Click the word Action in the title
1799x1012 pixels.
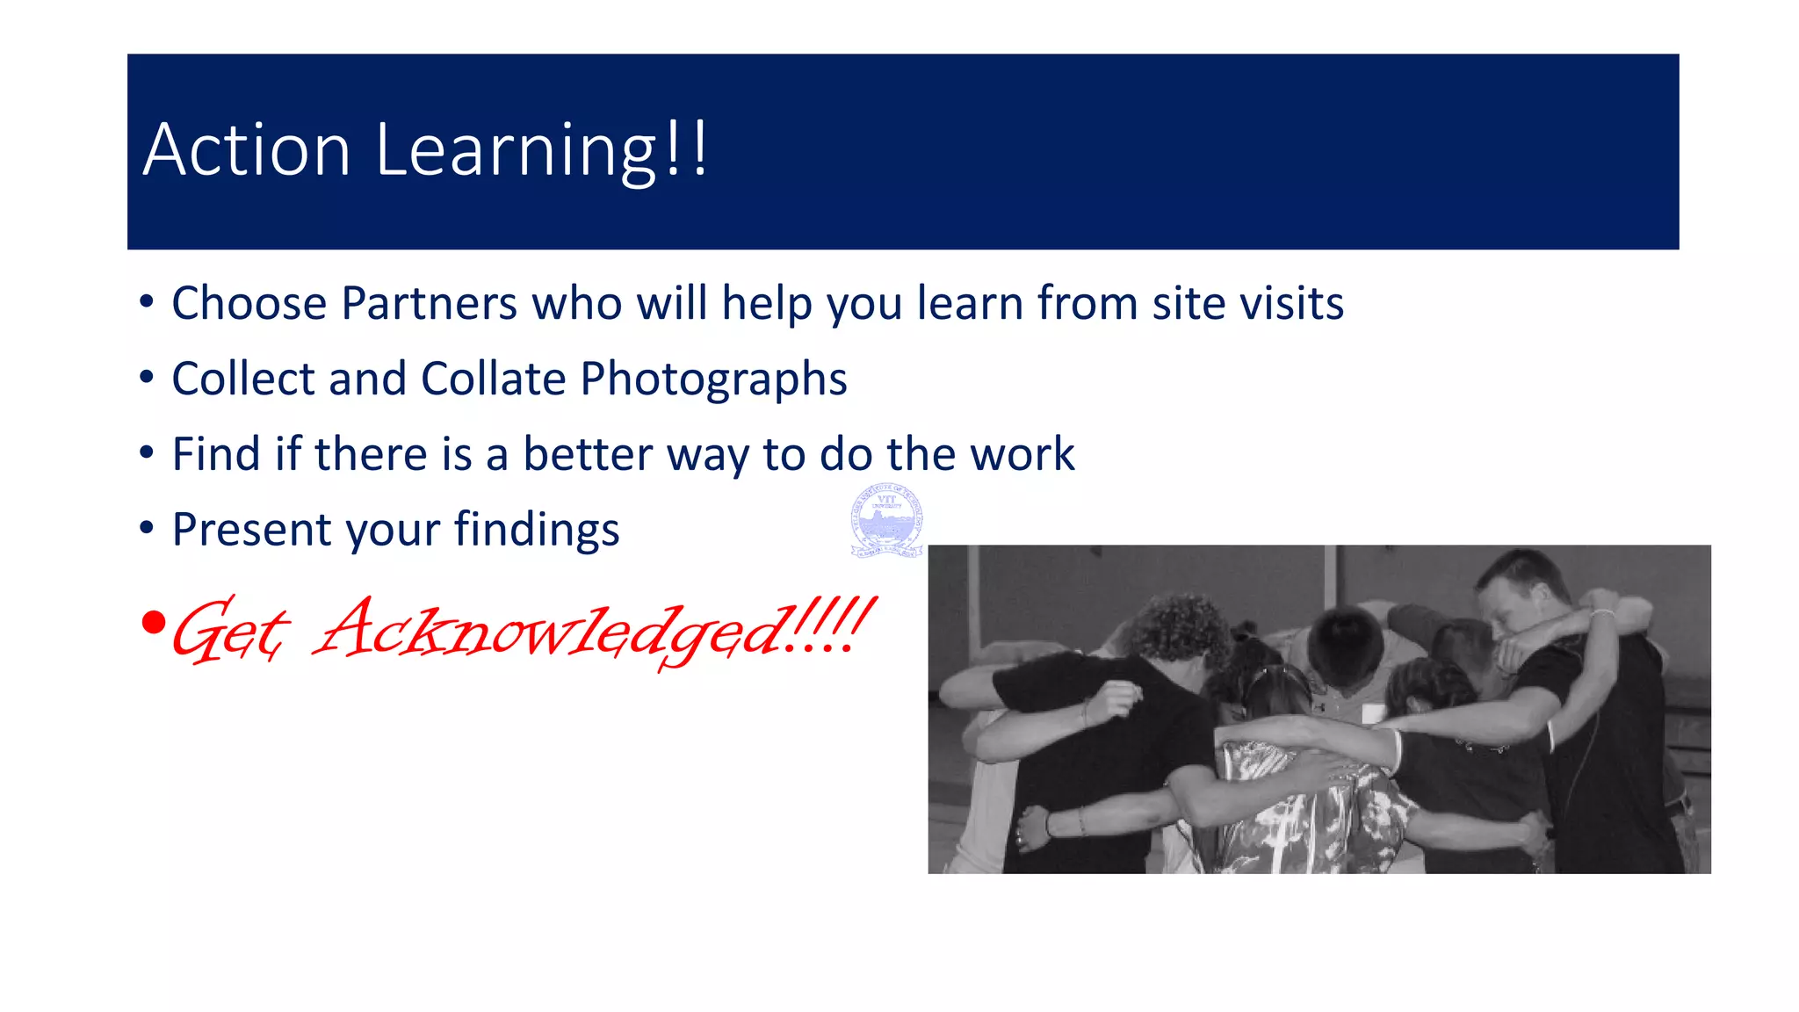[x=247, y=149]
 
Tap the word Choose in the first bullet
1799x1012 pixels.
[x=249, y=303]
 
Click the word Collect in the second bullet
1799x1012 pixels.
[x=242, y=379]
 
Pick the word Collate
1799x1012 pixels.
[x=494, y=379]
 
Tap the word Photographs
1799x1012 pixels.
[x=713, y=380]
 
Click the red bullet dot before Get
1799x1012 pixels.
[x=153, y=623]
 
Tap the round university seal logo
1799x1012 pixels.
[x=887, y=520]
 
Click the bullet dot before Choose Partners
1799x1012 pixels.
[x=147, y=302]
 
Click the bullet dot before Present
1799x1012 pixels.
[x=147, y=529]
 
